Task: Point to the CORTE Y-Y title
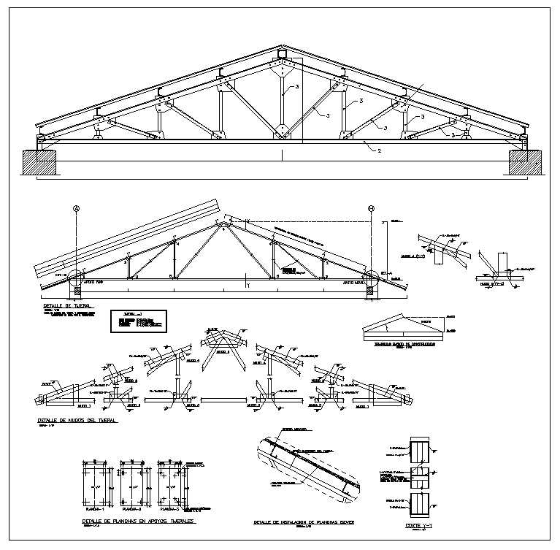pos(418,525)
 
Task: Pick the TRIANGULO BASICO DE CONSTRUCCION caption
pos(404,342)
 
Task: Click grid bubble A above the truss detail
pos(76,208)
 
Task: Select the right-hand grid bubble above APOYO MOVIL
pos(372,208)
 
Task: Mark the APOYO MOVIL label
pos(355,280)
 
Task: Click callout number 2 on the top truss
pos(379,151)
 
